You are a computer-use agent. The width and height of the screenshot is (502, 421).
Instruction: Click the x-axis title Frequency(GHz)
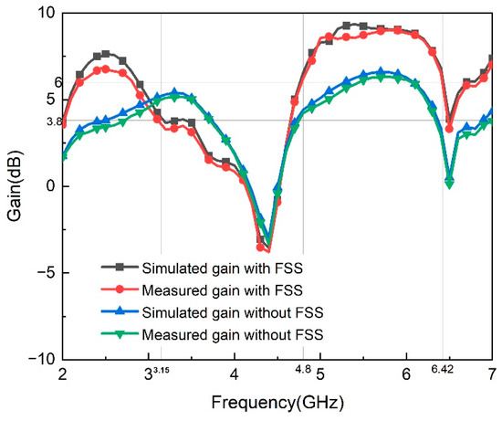point(277,403)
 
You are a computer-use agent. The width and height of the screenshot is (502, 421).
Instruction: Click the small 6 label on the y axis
point(58,83)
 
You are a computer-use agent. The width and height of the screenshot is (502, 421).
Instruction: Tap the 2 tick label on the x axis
point(62,375)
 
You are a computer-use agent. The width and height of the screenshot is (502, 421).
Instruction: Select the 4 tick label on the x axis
point(234,375)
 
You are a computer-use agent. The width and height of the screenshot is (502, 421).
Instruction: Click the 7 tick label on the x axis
point(493,375)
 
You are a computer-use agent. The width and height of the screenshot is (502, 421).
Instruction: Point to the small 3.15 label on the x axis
point(161,370)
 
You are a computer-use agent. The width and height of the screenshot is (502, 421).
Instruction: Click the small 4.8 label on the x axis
point(303,370)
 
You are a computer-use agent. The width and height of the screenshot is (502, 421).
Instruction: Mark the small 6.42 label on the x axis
point(443,370)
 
